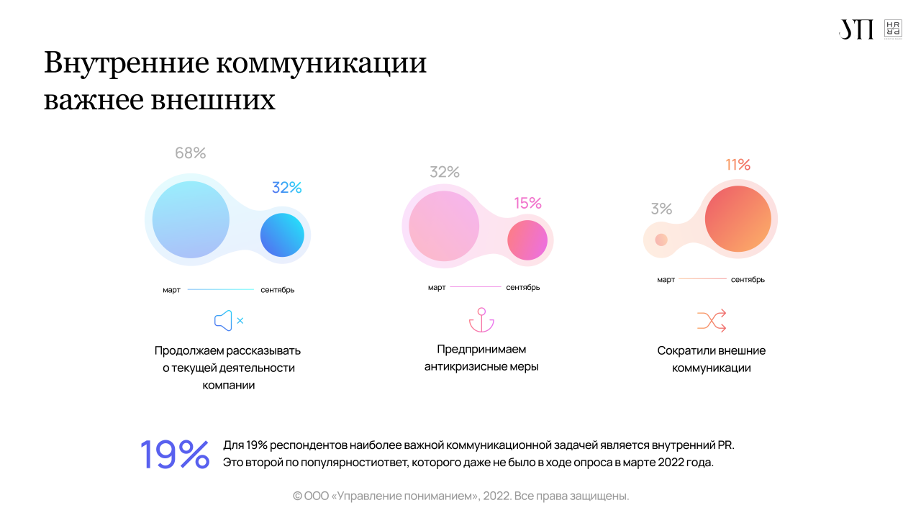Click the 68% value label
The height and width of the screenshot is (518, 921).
[x=191, y=153]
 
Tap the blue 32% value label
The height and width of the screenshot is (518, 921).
[x=286, y=188]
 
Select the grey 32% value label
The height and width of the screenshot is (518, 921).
[x=445, y=172]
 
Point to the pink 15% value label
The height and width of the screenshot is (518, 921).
[x=527, y=204]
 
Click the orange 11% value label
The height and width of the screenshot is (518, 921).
[x=738, y=165]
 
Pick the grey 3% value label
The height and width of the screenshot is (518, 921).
[x=661, y=209]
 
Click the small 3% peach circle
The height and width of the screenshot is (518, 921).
[x=661, y=240]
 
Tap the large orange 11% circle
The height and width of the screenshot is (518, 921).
[x=738, y=219]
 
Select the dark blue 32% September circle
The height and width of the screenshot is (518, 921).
[x=282, y=235]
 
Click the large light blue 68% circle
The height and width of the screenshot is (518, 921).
[x=191, y=219]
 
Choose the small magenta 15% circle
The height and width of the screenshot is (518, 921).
[x=527, y=240]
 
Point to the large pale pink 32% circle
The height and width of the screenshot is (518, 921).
[x=444, y=225]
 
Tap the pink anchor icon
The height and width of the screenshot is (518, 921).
[x=481, y=320]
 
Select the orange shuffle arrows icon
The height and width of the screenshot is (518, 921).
[x=712, y=320]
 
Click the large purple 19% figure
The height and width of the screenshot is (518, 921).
[x=175, y=455]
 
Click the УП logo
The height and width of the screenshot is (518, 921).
[x=856, y=29]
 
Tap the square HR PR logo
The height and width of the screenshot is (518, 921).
[x=893, y=29]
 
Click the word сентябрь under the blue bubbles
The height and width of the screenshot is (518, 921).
[x=278, y=290]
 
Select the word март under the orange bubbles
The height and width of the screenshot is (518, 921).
[x=666, y=280]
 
